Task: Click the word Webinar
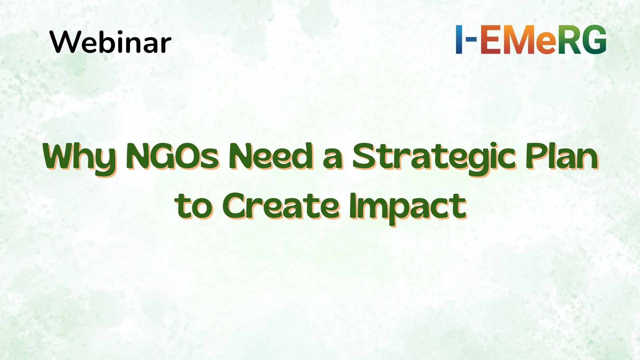click(x=110, y=42)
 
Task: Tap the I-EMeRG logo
click(x=531, y=39)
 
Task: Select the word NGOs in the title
click(x=173, y=156)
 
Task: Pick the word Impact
click(x=408, y=209)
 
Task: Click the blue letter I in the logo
click(x=459, y=39)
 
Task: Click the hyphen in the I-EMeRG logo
click(x=470, y=39)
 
